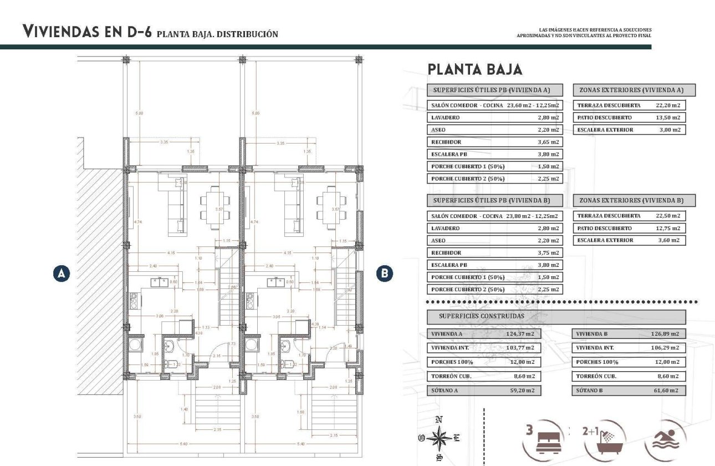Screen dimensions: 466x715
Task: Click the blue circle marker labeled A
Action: coord(62,273)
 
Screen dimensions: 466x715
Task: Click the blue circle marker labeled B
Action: coord(384,273)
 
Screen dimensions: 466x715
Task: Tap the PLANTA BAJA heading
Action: coord(474,69)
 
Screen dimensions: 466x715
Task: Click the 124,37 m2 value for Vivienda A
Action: coord(521,334)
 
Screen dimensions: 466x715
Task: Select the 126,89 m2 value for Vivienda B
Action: coord(664,334)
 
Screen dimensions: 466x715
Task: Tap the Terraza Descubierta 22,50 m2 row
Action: coord(629,216)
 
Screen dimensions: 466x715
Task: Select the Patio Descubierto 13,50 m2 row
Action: coord(629,118)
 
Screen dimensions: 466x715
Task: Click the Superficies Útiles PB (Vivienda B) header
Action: coord(495,200)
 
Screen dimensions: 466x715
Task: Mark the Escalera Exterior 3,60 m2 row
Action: coord(629,240)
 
